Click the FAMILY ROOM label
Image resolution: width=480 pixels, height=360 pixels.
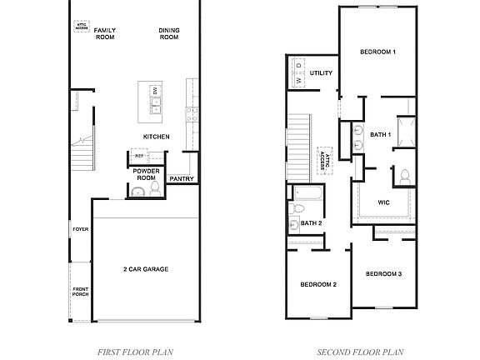click(104, 33)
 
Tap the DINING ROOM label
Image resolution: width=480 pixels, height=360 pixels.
click(169, 33)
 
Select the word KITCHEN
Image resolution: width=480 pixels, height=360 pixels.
click(156, 136)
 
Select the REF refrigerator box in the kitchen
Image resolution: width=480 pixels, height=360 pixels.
click(139, 156)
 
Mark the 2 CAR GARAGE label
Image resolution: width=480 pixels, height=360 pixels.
click(146, 269)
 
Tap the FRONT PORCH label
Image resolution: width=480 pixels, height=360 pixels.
click(79, 292)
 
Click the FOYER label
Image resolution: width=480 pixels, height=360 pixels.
click(80, 228)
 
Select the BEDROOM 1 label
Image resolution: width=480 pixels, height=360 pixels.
click(377, 52)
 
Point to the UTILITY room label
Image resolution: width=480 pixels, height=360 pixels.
click(321, 72)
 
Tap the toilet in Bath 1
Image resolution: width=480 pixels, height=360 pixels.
click(404, 175)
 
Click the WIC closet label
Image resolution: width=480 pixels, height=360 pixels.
click(383, 202)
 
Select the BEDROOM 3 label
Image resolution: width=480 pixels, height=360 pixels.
click(383, 273)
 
